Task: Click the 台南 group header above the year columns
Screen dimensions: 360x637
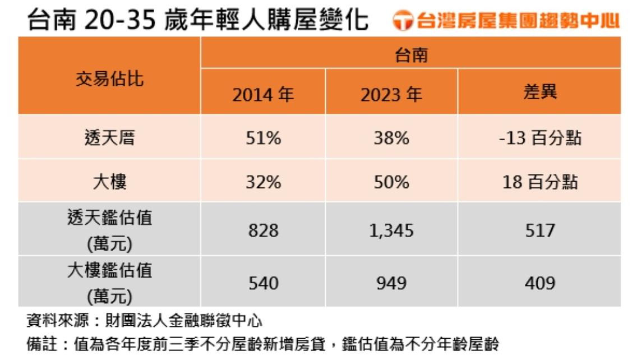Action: point(411,55)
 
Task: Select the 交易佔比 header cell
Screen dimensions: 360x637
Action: point(109,79)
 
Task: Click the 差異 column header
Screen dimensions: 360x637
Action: point(539,92)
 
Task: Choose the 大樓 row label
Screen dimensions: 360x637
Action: point(109,182)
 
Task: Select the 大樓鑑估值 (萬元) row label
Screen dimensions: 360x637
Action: point(109,282)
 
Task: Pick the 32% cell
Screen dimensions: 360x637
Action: point(263,182)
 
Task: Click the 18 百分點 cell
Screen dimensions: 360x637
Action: point(539,182)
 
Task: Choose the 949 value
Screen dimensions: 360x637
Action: point(391,283)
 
